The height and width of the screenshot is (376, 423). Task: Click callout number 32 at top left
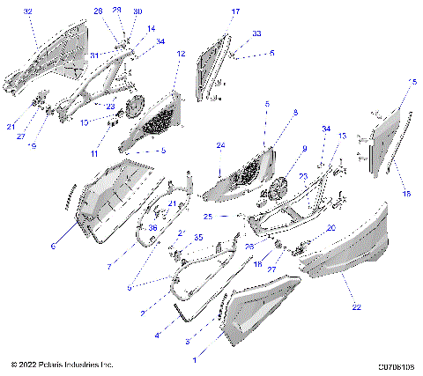[28, 11]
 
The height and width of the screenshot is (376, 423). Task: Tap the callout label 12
[181, 55]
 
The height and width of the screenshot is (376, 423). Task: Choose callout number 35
[198, 238]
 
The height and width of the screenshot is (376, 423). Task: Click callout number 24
[221, 145]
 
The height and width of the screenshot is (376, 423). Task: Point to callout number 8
[295, 113]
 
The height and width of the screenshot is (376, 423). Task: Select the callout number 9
[304, 149]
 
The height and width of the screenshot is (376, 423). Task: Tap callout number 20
[331, 227]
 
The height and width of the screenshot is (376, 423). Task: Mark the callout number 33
[256, 33]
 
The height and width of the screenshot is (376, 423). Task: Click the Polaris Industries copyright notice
[63, 364]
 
